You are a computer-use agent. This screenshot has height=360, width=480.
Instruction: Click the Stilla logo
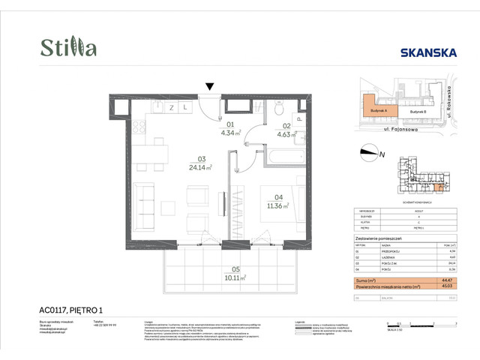point(68,47)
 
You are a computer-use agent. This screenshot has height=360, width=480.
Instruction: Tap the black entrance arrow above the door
point(211,87)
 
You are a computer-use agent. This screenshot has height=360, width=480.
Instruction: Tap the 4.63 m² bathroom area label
point(285,135)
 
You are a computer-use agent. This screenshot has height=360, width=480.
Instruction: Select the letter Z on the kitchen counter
point(171,108)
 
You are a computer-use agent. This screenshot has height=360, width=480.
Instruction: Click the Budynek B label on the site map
point(418,110)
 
